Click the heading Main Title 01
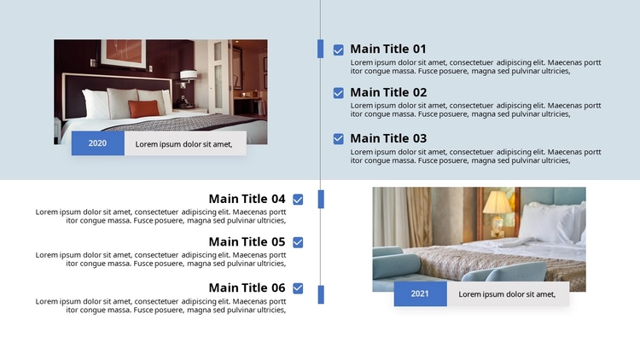click(388, 49)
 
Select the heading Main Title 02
click(388, 92)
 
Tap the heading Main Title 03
click(388, 138)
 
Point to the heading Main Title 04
click(247, 199)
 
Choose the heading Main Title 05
click(247, 241)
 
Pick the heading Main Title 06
click(247, 287)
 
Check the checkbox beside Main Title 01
click(339, 49)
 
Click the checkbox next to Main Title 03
click(339, 139)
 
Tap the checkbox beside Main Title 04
click(298, 200)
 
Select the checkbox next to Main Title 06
click(298, 288)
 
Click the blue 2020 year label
click(98, 143)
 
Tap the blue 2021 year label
click(421, 293)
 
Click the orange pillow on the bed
click(143, 108)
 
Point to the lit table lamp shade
click(497, 202)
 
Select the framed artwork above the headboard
click(124, 53)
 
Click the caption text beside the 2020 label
click(183, 144)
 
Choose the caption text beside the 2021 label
click(507, 294)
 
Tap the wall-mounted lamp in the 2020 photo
click(188, 78)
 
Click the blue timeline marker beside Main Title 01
click(320, 49)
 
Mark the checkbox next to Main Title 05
click(298, 242)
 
